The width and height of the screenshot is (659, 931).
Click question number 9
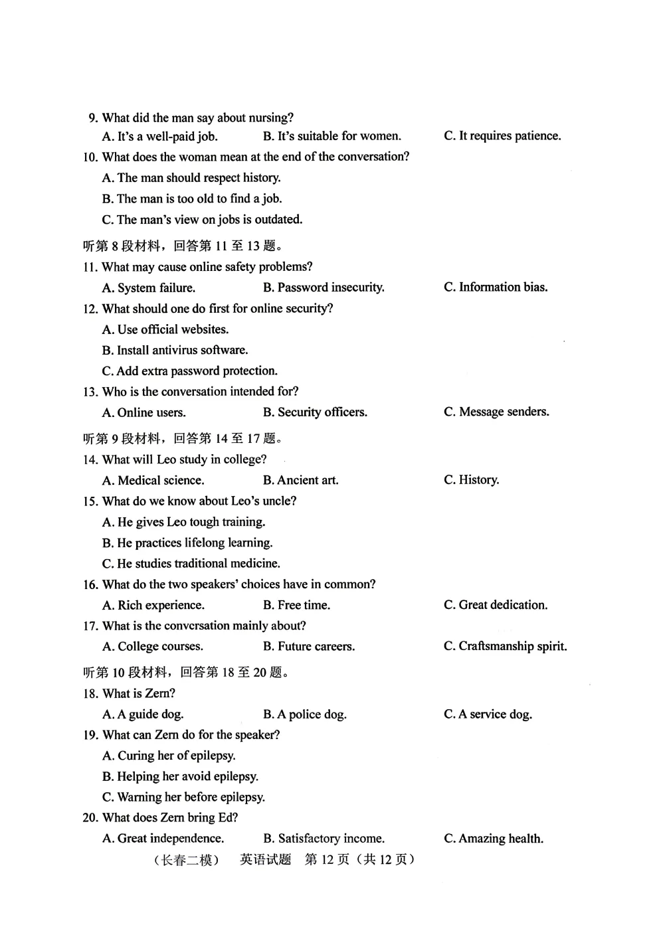coord(93,118)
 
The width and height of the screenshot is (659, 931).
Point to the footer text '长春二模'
coord(187,860)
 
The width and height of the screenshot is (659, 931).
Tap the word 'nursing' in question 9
coord(269,118)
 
